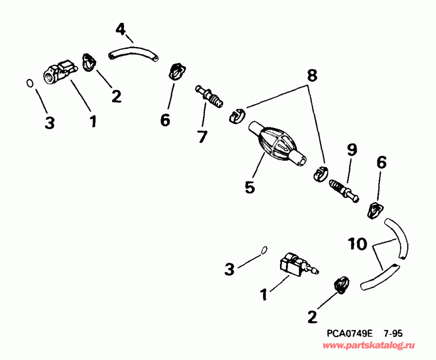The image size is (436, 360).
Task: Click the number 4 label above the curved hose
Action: tap(121, 29)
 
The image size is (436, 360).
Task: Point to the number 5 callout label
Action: tap(249, 187)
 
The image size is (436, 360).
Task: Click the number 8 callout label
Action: tap(312, 76)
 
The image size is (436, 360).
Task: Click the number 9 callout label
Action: tap(351, 150)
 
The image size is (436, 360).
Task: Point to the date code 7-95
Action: tap(393, 333)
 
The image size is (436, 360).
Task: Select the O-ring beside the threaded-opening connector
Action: tap(30, 83)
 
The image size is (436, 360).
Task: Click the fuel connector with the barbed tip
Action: tap(296, 266)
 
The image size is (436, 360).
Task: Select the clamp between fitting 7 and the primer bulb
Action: tap(237, 115)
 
